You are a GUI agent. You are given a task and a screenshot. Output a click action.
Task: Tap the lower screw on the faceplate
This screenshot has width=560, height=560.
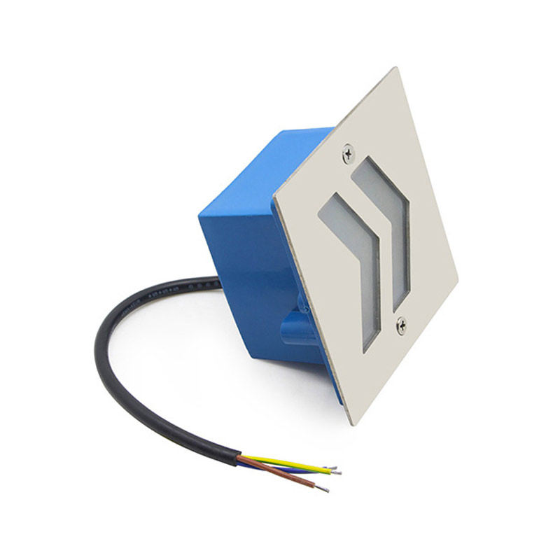(401, 323)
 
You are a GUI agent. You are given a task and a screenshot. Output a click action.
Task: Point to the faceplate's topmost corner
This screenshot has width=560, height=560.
(396, 69)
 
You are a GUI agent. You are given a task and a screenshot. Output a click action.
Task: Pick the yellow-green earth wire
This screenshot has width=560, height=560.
(287, 462)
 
